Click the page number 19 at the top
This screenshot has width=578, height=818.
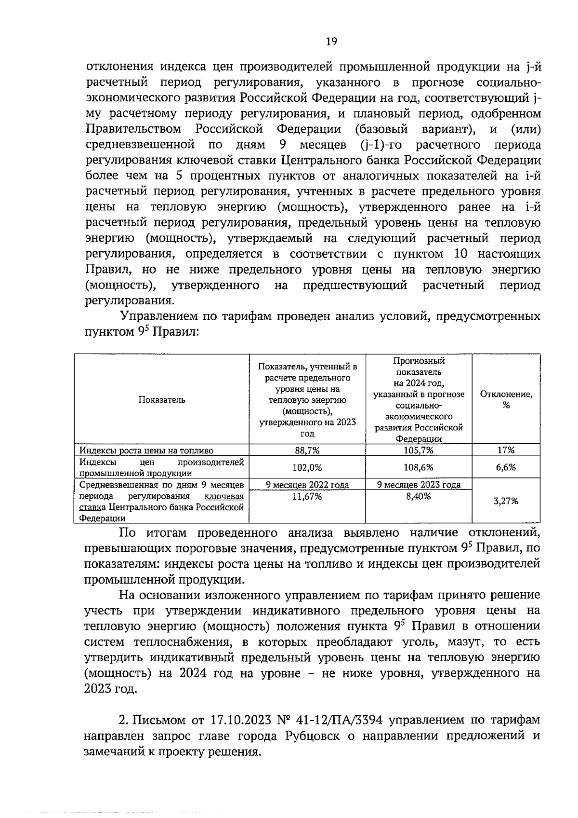[331, 41]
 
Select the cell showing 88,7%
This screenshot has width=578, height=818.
[307, 450]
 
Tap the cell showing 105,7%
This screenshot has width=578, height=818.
[419, 450]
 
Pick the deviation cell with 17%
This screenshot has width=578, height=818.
[506, 450]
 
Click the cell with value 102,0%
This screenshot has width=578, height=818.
[307, 467]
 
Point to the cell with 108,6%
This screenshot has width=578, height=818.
[419, 467]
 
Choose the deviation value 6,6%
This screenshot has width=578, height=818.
[506, 467]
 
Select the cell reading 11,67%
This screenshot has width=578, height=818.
[307, 497]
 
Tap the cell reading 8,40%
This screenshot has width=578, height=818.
[419, 497]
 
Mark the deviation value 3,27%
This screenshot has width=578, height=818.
[506, 501]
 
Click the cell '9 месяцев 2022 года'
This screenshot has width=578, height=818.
[307, 485]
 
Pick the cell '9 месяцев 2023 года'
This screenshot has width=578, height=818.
[419, 485]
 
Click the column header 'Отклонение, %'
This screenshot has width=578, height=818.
[506, 399]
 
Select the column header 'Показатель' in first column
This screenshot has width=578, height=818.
[162, 399]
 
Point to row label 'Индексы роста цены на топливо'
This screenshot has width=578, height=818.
[146, 450]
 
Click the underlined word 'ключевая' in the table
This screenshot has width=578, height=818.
[224, 497]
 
